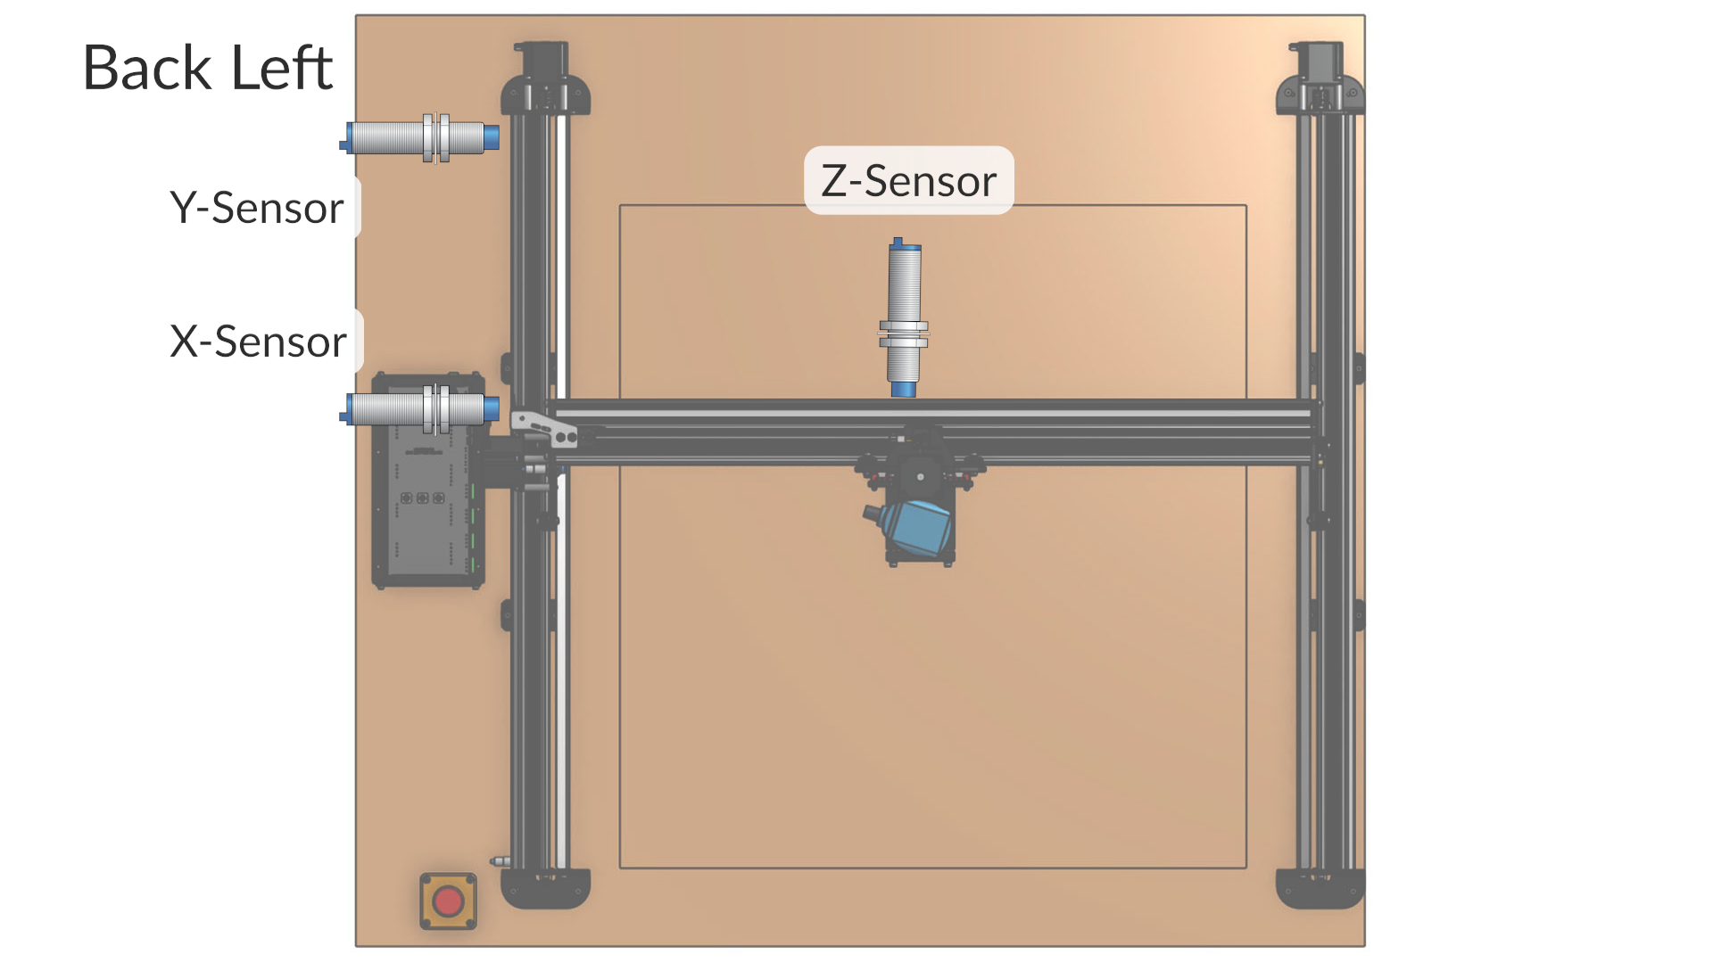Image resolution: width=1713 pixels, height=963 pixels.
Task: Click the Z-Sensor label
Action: pos(908,181)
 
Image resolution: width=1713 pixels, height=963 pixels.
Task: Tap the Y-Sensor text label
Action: pos(257,208)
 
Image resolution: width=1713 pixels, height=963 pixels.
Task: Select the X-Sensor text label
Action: pos(258,342)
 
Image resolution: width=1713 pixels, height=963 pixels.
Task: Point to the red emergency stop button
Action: pos(448,901)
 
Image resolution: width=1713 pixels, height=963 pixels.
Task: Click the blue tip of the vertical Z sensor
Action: pos(903,389)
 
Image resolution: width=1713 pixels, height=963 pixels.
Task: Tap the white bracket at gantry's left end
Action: pos(544,427)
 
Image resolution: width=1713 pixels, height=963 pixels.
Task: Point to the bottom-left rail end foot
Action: pos(545,888)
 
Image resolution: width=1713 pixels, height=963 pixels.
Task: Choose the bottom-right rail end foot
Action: pos(1320,888)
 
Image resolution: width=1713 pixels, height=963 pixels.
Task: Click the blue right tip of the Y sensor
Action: pos(492,137)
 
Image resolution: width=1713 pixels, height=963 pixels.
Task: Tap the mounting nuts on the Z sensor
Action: pos(904,334)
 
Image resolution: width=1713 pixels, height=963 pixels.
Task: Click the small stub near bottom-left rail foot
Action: pos(500,861)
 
